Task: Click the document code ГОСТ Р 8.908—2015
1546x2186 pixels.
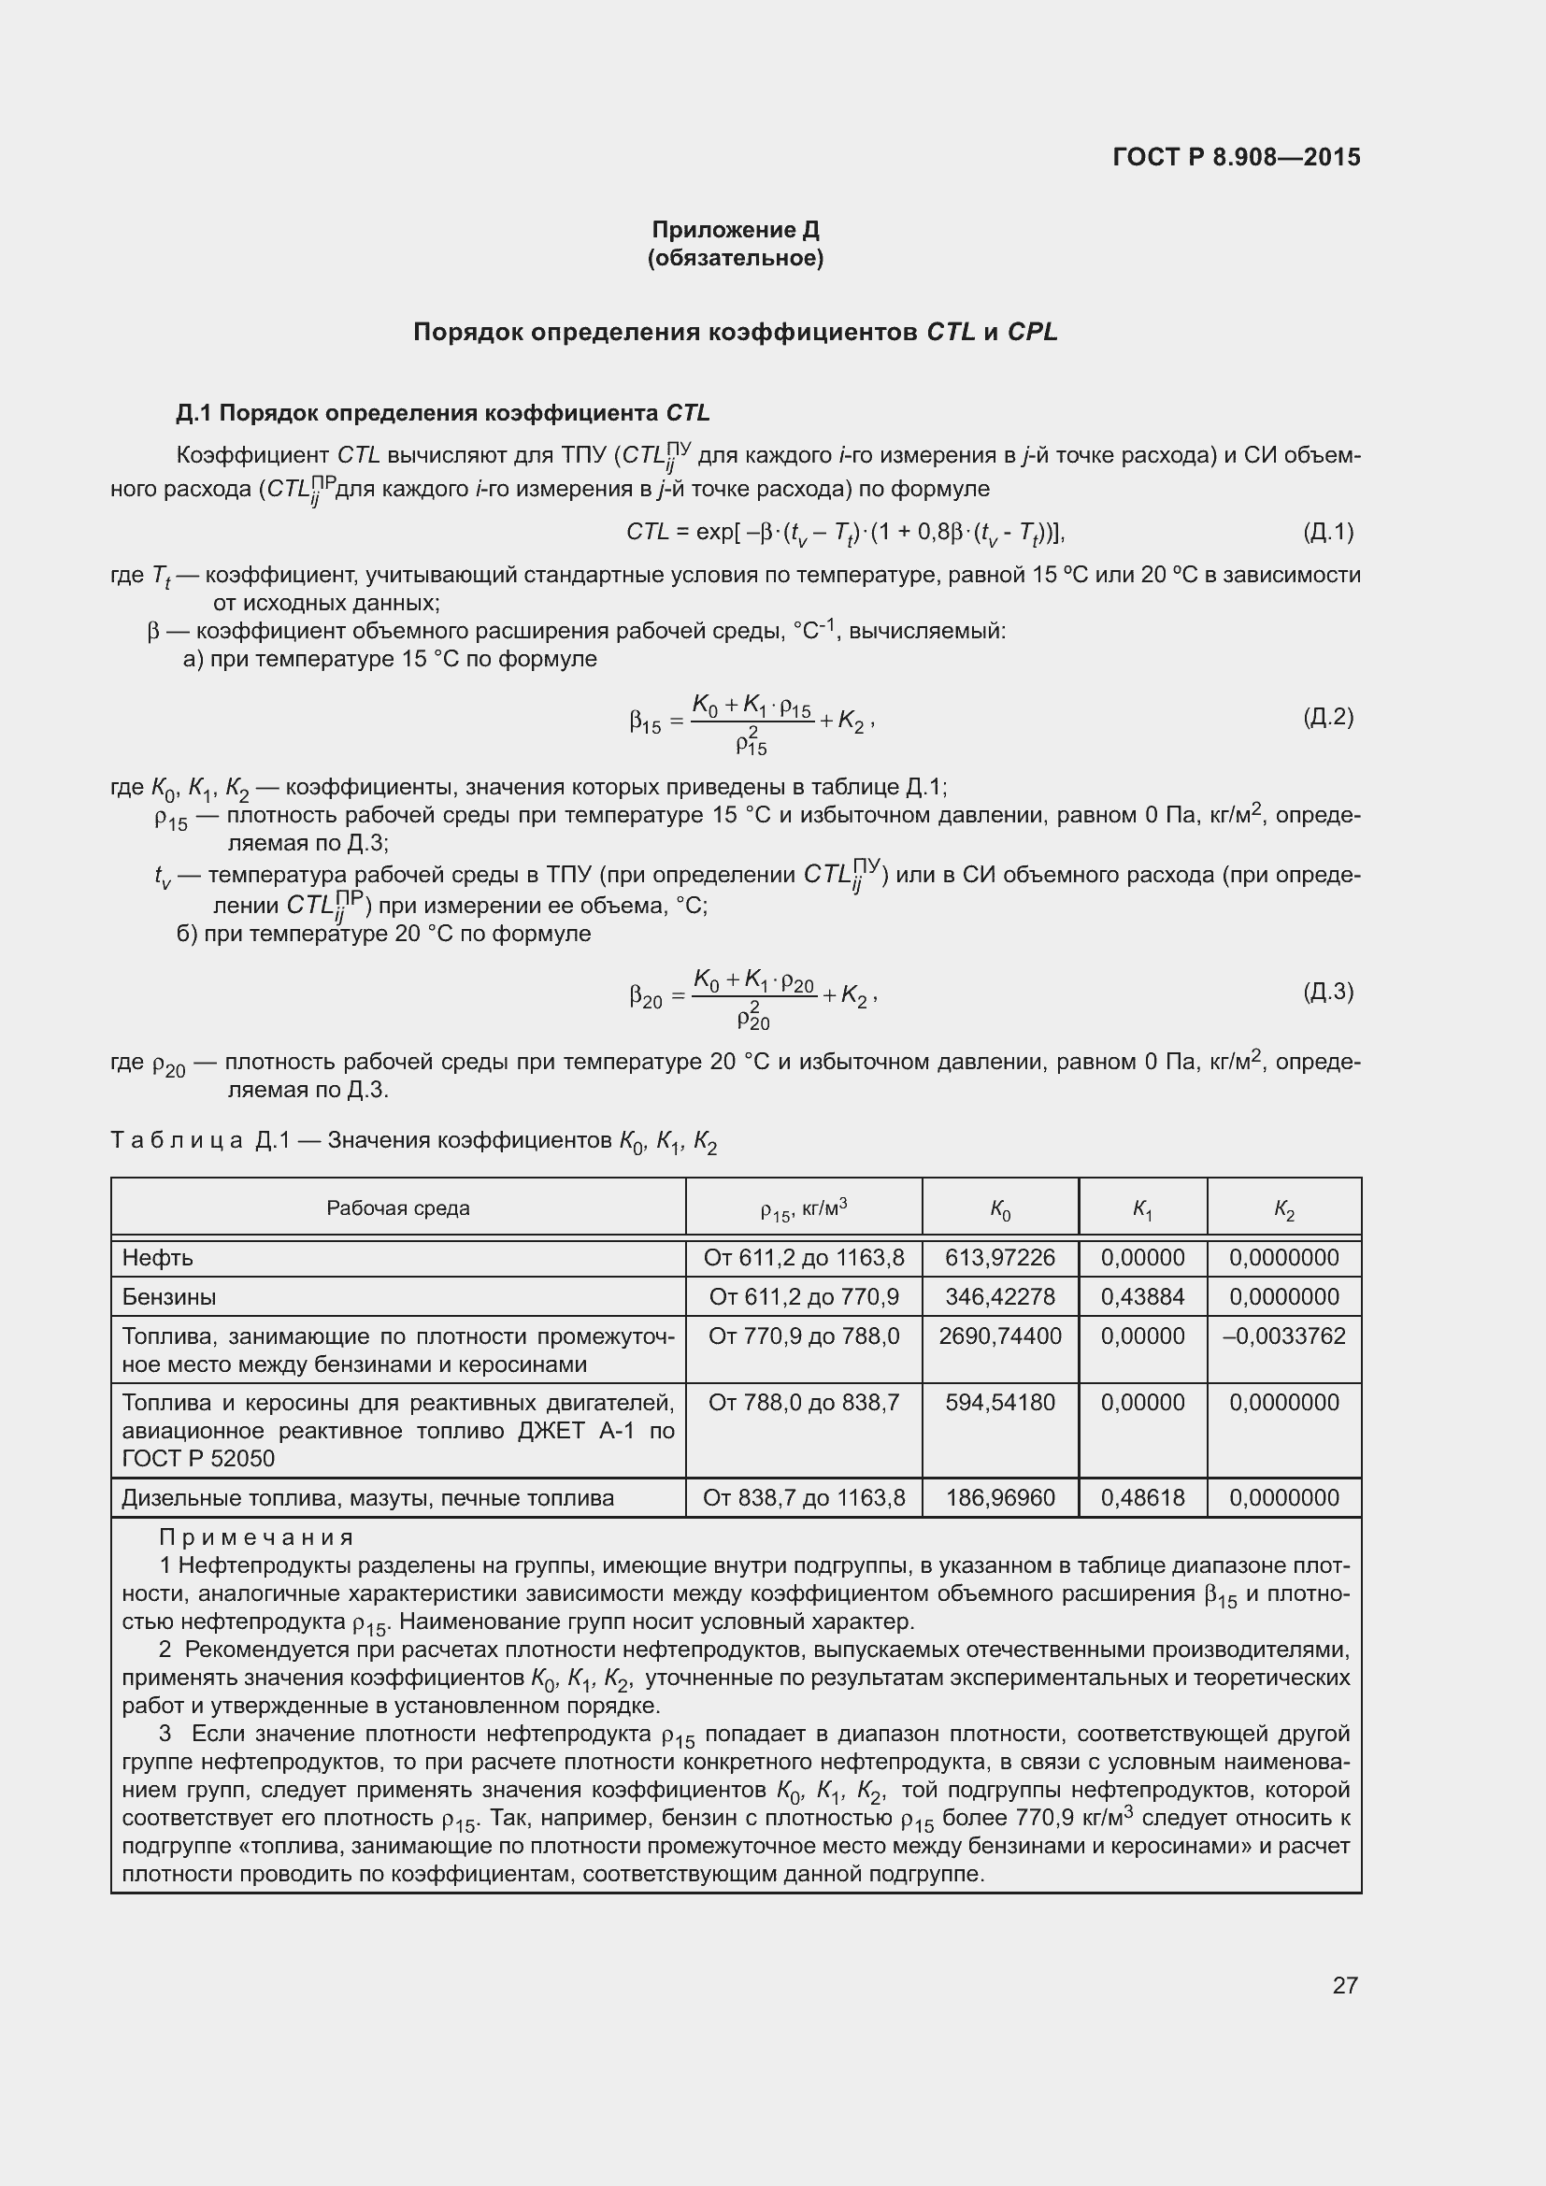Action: coord(1236,157)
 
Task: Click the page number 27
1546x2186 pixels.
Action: coord(1344,1985)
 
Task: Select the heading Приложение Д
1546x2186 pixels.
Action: coord(735,230)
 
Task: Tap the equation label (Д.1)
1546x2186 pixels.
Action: coord(1327,531)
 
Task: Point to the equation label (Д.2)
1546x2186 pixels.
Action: coord(1327,717)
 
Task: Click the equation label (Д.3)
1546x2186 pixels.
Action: coord(1327,993)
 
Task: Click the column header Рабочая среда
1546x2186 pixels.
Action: coord(398,1208)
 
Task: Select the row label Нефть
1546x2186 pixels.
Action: coord(158,1258)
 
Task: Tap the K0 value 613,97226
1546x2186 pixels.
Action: coord(999,1258)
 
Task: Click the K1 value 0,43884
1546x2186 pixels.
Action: coord(1142,1297)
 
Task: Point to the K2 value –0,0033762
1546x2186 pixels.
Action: coord(1283,1336)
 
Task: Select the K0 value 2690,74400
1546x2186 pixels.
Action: coord(999,1336)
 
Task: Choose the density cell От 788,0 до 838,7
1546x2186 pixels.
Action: coord(804,1403)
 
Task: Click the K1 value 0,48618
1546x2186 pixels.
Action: coord(1142,1497)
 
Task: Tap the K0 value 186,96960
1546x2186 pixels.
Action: coord(999,1497)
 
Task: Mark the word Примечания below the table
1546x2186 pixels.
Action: coord(256,1537)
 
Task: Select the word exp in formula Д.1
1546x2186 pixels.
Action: coord(714,531)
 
